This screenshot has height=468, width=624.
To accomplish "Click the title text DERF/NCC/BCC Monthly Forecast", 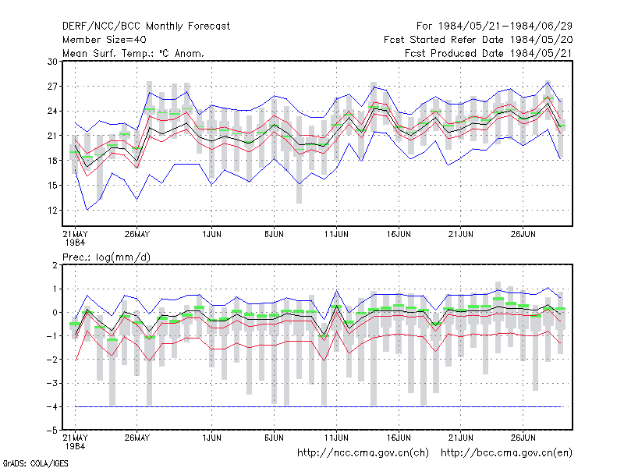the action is pyautogui.click(x=146, y=27).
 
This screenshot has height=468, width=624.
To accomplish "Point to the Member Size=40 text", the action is pyautogui.click(x=105, y=40).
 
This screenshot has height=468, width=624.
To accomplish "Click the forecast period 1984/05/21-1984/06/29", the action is pyautogui.click(x=505, y=27).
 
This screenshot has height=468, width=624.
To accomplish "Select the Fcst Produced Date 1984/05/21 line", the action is pyautogui.click(x=488, y=53).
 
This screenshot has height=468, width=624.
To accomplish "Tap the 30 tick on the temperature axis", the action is pyautogui.click(x=52, y=62).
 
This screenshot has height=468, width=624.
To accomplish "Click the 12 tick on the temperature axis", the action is pyautogui.click(x=52, y=210).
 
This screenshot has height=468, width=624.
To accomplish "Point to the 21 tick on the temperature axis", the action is pyautogui.click(x=52, y=136).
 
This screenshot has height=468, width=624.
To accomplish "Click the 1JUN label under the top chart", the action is pyautogui.click(x=211, y=234).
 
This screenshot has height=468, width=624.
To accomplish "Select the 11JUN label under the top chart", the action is pyautogui.click(x=336, y=234).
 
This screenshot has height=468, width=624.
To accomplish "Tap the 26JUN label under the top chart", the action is pyautogui.click(x=523, y=234).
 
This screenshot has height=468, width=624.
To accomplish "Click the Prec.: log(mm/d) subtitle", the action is pyautogui.click(x=106, y=257).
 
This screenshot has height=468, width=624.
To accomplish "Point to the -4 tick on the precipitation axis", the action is pyautogui.click(x=51, y=406).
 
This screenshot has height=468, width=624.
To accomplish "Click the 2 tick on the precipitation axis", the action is pyautogui.click(x=55, y=265).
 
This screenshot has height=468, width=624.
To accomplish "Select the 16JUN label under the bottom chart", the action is pyautogui.click(x=399, y=438).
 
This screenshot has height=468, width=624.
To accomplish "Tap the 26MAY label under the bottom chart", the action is pyautogui.click(x=137, y=438).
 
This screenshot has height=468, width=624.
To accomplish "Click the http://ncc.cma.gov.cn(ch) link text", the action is pyautogui.click(x=363, y=453).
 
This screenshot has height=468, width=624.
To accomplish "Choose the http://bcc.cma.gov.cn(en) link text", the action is pyautogui.click(x=506, y=453).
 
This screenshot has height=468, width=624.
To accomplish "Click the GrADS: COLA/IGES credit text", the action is pyautogui.click(x=35, y=463).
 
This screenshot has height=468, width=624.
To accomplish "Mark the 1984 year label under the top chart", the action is pyautogui.click(x=75, y=243).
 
